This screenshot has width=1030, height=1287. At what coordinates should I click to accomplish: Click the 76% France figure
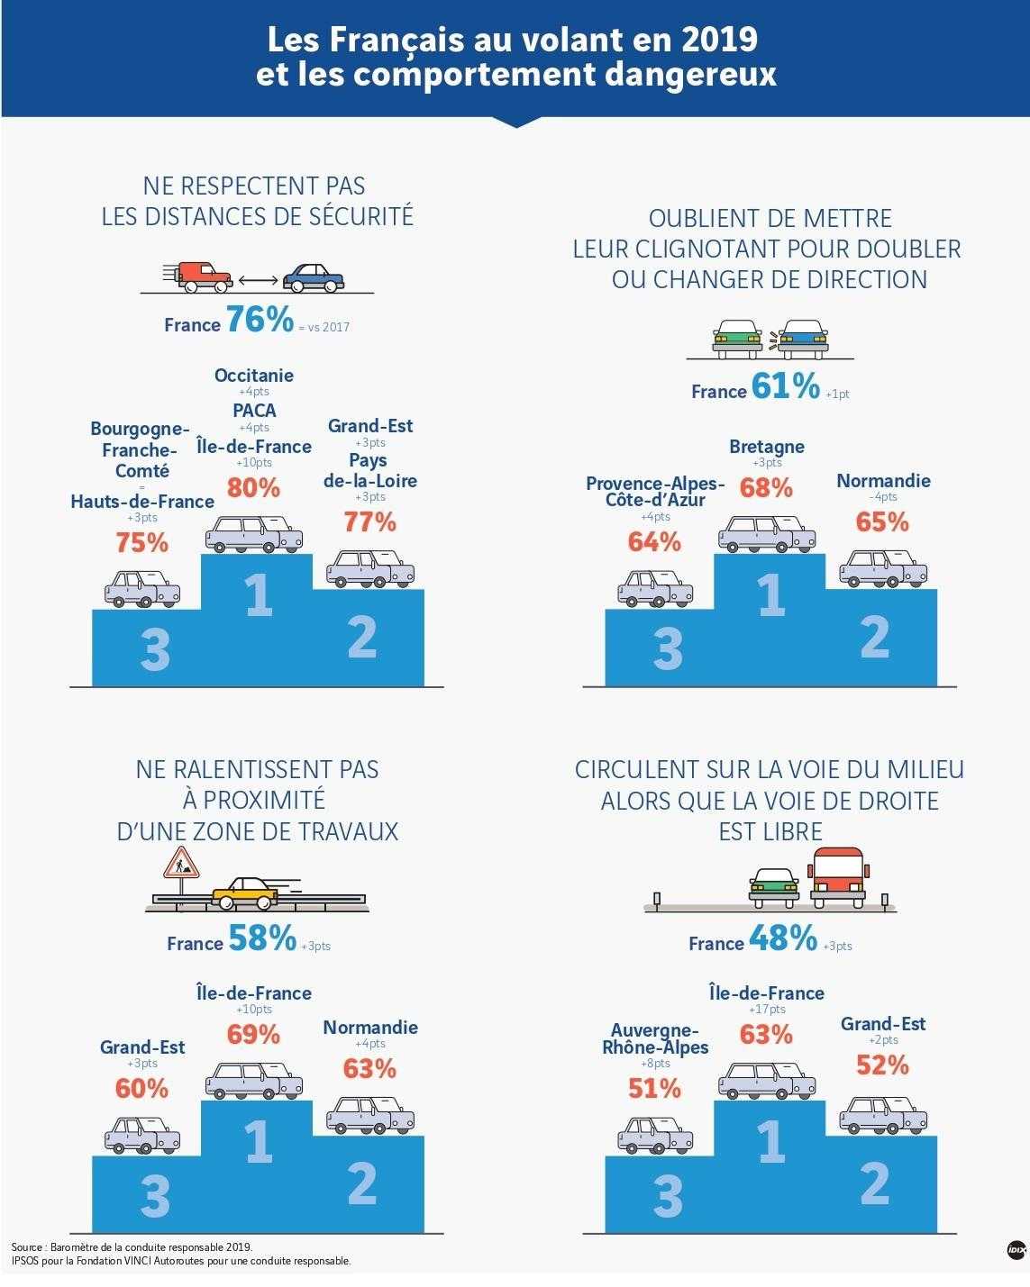click(x=260, y=319)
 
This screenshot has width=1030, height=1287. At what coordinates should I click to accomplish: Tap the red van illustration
click(x=198, y=276)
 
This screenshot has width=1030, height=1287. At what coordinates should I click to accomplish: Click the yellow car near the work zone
click(x=245, y=893)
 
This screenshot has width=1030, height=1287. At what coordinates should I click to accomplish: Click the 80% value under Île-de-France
click(x=253, y=487)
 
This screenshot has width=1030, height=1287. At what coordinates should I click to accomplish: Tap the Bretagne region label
click(x=767, y=446)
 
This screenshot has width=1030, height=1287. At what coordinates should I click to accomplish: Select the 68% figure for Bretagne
click(x=766, y=487)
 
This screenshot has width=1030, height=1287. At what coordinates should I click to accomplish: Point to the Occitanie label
click(x=254, y=375)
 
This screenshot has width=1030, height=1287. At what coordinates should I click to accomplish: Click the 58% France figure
click(x=262, y=938)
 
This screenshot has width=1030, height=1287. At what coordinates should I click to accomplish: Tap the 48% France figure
click(x=783, y=938)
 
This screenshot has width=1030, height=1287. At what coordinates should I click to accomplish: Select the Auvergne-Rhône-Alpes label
click(x=655, y=1038)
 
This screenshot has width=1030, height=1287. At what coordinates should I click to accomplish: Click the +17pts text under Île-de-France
click(x=767, y=1009)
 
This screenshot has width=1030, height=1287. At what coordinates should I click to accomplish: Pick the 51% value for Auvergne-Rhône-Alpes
click(x=654, y=1089)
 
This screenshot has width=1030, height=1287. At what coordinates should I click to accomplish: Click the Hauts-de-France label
click(x=142, y=501)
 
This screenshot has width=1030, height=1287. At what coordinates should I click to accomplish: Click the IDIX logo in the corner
click(x=1016, y=1249)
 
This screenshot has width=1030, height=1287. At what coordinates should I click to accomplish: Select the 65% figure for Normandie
click(x=882, y=522)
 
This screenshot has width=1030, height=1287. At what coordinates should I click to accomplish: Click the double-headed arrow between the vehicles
click(x=258, y=280)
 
